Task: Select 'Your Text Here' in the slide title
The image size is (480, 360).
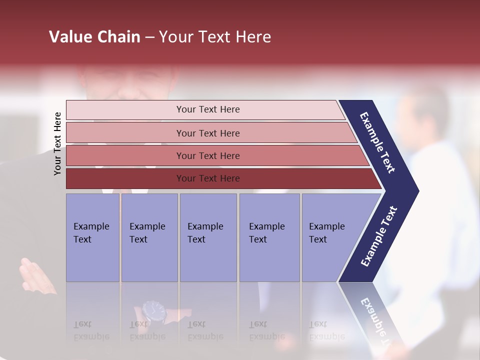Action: click(215, 37)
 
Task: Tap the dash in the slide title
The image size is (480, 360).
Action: click(149, 37)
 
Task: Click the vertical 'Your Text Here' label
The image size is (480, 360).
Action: click(57, 143)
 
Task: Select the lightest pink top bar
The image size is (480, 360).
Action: click(208, 109)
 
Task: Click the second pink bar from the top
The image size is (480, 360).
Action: click(208, 133)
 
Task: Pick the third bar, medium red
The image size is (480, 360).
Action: click(208, 155)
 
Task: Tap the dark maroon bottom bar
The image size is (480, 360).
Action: click(208, 178)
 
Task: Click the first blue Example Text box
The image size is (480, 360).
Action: click(92, 237)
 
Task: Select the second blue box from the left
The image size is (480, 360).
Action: click(149, 237)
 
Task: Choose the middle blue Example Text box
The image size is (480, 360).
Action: click(208, 237)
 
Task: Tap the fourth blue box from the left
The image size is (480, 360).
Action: click(269, 237)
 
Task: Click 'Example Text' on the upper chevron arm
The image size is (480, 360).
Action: click(377, 142)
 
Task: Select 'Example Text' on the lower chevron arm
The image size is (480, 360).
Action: click(379, 236)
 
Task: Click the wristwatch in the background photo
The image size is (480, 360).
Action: click(153, 311)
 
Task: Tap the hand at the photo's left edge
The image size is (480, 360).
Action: click(32, 274)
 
